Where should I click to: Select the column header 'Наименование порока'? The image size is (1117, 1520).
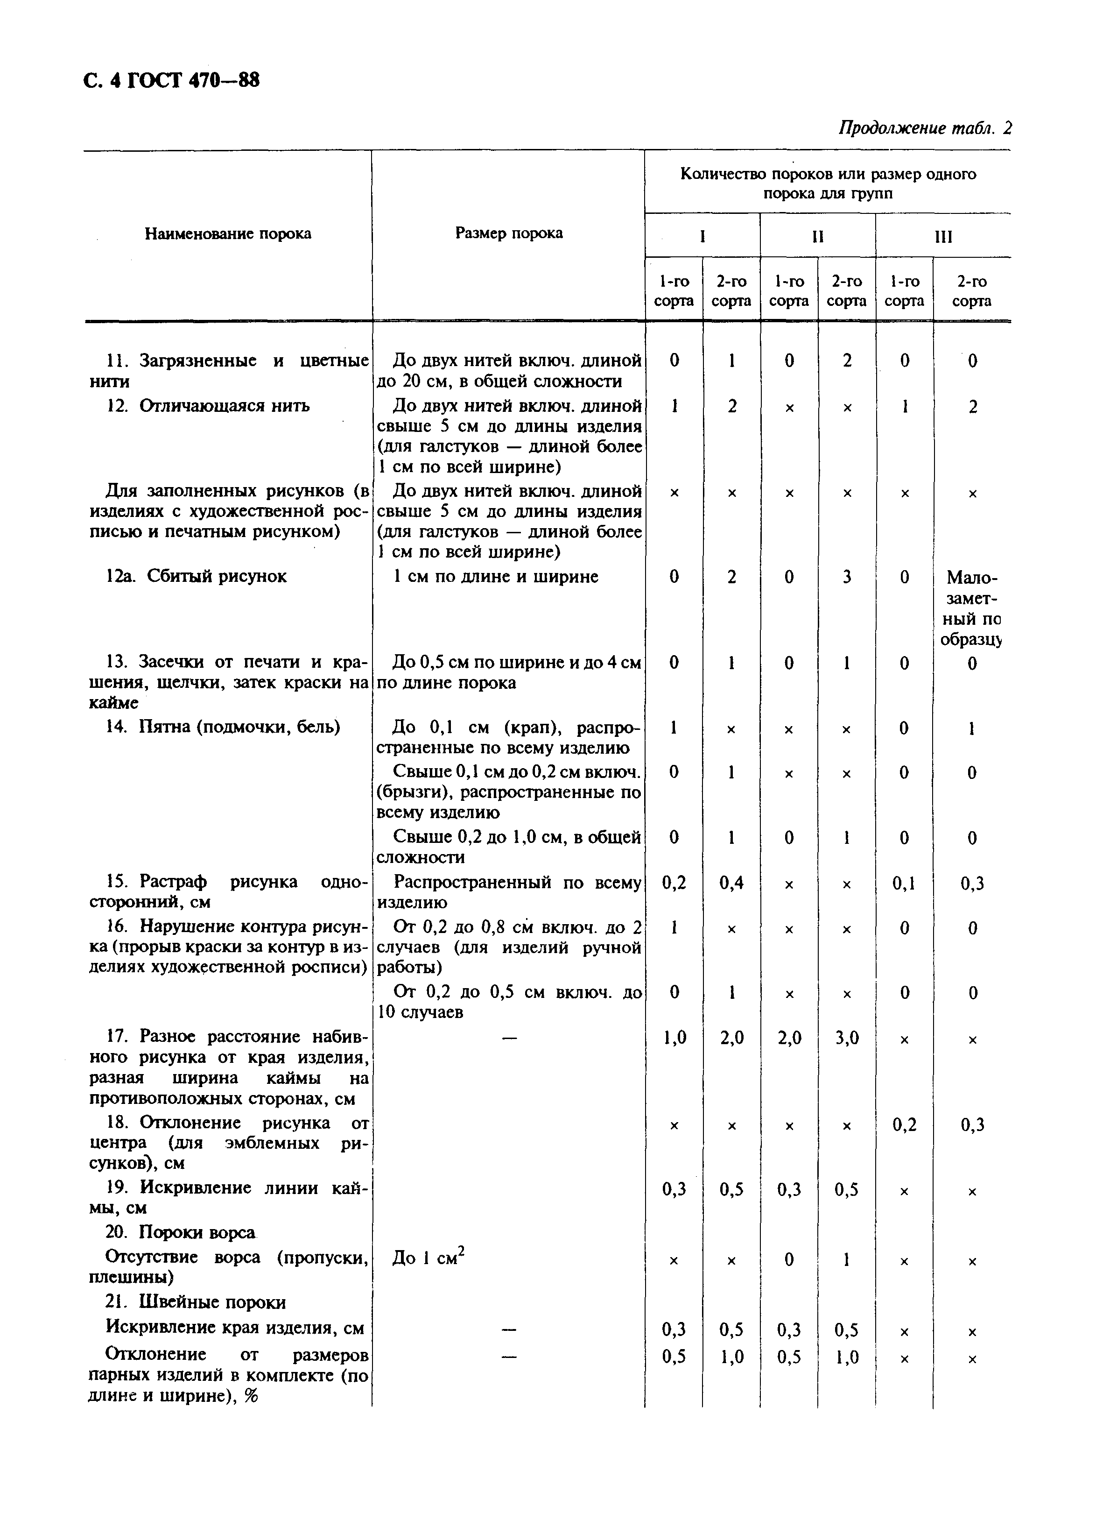(x=228, y=234)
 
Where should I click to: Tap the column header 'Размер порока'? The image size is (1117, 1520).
(x=508, y=233)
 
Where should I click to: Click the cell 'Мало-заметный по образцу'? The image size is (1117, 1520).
(x=972, y=608)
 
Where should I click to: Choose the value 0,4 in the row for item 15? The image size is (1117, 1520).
(x=731, y=883)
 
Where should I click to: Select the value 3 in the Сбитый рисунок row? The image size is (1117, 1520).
(x=847, y=577)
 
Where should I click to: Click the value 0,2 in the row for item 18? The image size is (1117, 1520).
(x=904, y=1124)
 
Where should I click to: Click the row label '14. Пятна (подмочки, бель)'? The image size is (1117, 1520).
(x=223, y=727)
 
